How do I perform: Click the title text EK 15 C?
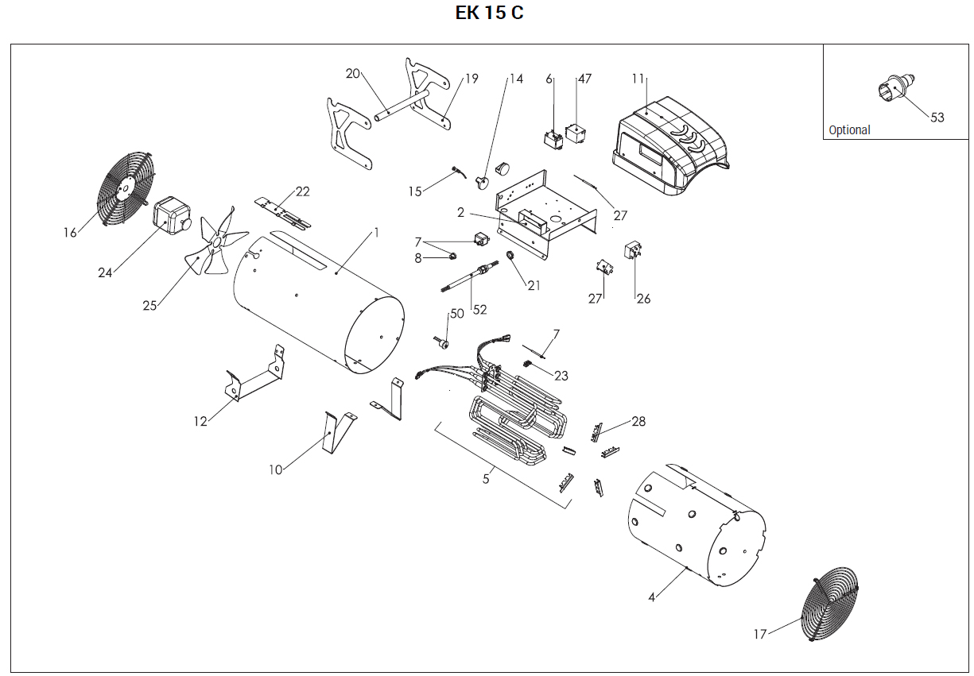[489, 14]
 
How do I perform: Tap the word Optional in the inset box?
[849, 130]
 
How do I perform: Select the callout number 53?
[937, 118]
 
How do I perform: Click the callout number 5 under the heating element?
[487, 478]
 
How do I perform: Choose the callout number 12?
[200, 422]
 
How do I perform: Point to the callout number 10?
[275, 470]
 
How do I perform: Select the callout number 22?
[302, 191]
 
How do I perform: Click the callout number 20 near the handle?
[353, 74]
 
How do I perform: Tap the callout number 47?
[584, 79]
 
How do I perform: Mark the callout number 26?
[643, 299]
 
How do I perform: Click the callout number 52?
[477, 308]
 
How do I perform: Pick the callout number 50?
[456, 314]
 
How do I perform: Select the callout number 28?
[638, 421]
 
